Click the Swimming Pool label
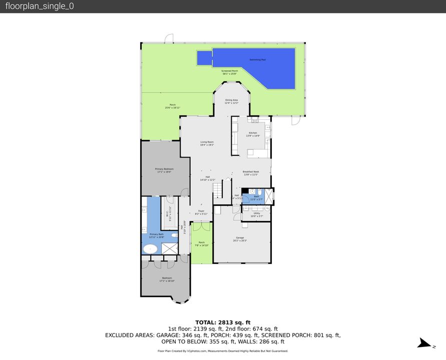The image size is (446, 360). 258,60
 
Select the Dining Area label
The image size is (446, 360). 231,101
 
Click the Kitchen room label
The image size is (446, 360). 253,134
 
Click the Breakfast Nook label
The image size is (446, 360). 251,173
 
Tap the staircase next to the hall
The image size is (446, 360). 218,189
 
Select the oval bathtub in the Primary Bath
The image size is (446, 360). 150,248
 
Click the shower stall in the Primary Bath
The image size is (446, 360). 169,248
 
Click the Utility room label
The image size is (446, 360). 256,215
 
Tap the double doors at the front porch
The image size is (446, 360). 201,226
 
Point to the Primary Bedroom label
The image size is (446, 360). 165,170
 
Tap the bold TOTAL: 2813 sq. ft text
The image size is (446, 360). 223,322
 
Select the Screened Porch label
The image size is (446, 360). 229,72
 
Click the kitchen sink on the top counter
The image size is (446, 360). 254,121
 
